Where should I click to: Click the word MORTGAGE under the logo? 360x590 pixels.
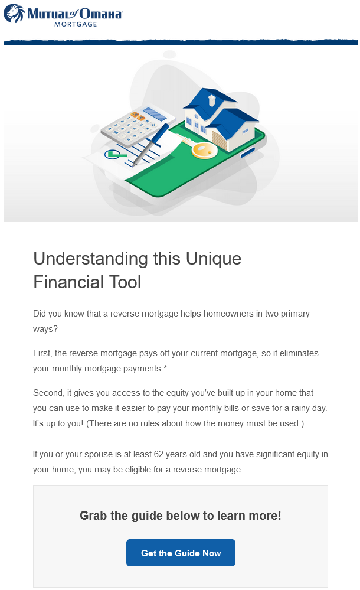coord(76,24)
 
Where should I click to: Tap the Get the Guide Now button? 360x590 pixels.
coord(181,552)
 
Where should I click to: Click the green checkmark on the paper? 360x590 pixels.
coord(114,154)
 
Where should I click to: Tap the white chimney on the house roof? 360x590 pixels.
coord(212,99)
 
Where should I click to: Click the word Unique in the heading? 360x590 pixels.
coord(213,259)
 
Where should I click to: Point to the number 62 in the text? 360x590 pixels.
coord(159,454)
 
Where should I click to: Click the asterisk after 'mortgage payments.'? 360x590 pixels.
coord(165,367)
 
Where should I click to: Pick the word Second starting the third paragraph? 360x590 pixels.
coord(48,393)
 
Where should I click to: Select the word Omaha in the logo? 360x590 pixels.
coord(101,14)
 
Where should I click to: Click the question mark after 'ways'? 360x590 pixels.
coord(55,329)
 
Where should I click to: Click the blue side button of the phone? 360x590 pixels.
coord(247,152)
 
